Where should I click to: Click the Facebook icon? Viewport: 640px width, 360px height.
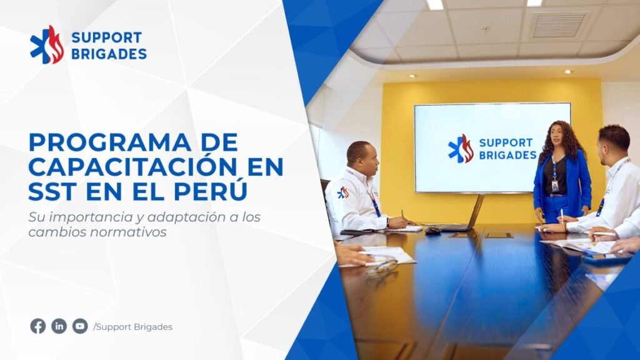click(38, 326)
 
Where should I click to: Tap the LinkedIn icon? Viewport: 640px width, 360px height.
click(59, 326)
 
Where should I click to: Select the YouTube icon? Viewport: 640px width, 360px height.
click(80, 326)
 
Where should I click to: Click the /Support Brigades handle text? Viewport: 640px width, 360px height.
click(133, 327)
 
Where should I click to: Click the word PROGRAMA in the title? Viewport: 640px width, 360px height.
click(110, 143)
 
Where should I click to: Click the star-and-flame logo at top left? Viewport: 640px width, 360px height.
click(47, 45)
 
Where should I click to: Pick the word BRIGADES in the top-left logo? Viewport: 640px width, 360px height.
click(109, 54)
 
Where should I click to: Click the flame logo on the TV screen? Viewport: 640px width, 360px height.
click(461, 149)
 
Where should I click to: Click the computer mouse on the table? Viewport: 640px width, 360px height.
click(432, 231)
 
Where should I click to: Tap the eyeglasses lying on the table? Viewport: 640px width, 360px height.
click(382, 268)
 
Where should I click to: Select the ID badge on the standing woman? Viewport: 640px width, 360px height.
click(555, 186)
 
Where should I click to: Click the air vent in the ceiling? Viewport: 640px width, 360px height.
click(559, 25)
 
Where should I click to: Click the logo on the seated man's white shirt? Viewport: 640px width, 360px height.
click(343, 192)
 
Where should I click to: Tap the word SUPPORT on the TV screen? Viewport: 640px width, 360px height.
click(506, 143)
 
